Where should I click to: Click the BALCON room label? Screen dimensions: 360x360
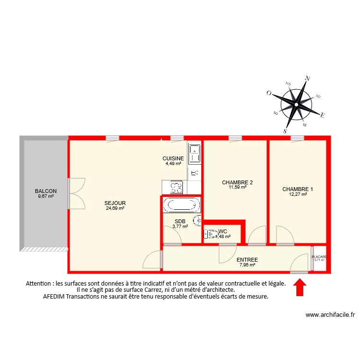pyautogui.click(x=46, y=191)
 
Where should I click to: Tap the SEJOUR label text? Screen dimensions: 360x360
pyautogui.click(x=115, y=203)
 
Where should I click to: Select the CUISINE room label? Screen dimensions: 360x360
pyautogui.click(x=173, y=158)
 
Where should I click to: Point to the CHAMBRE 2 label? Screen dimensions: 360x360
pyautogui.click(x=237, y=182)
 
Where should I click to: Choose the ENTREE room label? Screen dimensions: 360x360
pyautogui.click(x=247, y=260)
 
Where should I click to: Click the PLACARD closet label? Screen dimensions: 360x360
pyautogui.click(x=319, y=257)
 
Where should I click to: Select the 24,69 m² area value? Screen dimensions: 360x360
pyautogui.click(x=115, y=208)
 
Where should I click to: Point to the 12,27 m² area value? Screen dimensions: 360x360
pyautogui.click(x=298, y=194)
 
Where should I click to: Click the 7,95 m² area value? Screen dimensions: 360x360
pyautogui.click(x=247, y=264)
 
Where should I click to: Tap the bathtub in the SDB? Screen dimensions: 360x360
pyautogui.click(x=181, y=205)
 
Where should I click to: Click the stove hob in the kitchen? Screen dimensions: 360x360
pyautogui.click(x=176, y=187)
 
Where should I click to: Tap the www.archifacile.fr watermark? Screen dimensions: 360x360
pyautogui.click(x=330, y=315)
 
